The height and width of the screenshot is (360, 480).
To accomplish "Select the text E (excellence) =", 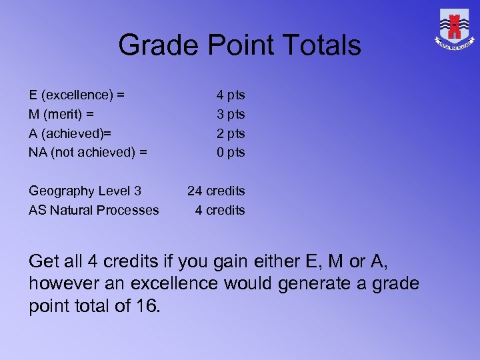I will (x=77, y=95).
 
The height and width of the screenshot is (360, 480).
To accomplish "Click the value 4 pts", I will (x=231, y=95).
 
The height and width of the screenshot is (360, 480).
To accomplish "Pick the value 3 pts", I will (x=231, y=114).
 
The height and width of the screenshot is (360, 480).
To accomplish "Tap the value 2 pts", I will (x=231, y=133).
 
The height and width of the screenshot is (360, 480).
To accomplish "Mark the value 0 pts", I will (x=231, y=152).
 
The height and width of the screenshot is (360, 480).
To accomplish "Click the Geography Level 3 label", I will (x=85, y=191).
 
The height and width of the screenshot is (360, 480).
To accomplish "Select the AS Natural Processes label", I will (x=94, y=210).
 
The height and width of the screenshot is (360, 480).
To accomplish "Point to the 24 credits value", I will (x=216, y=191).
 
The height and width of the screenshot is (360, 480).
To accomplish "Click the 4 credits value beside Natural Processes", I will (x=220, y=210).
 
